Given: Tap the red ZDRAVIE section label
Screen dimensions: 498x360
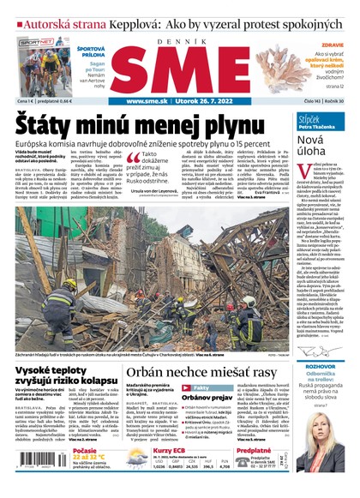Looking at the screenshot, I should [x=334, y=45].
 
